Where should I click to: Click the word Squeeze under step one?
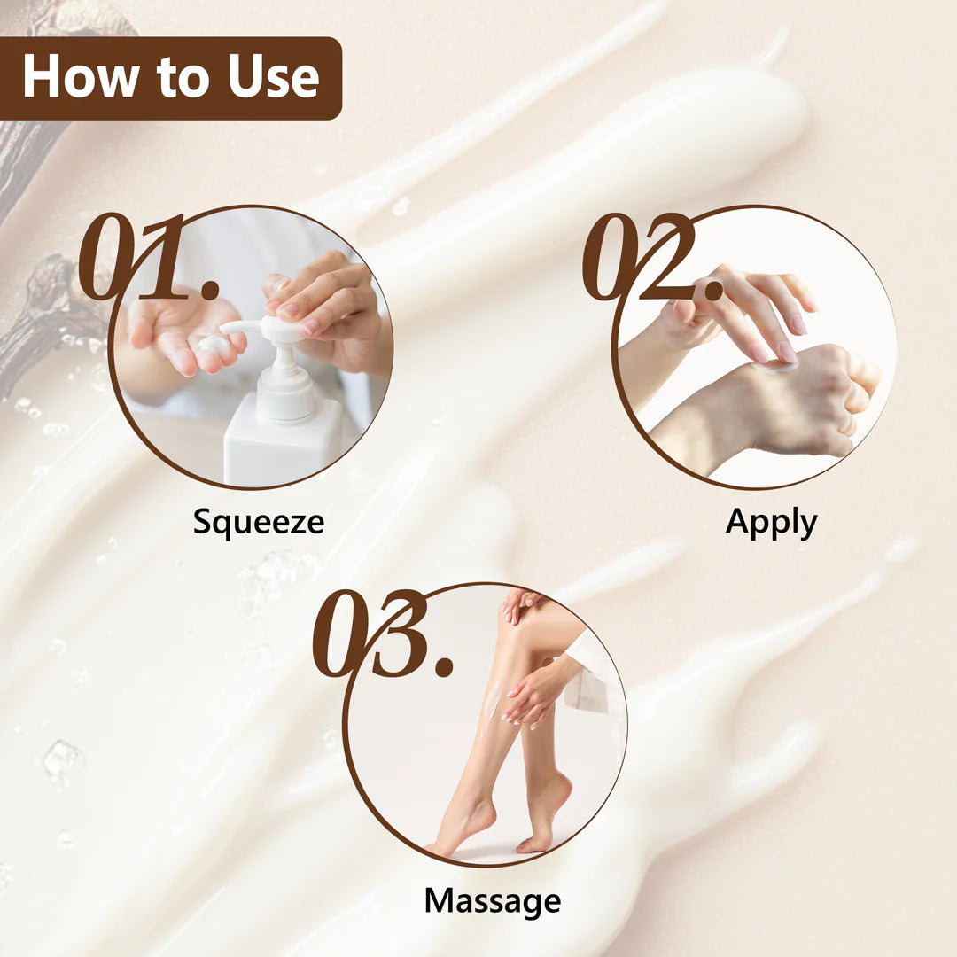coord(258,523)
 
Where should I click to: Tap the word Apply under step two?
coord(771,523)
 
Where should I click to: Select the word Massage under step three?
coord(493,901)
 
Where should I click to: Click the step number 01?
coord(148,257)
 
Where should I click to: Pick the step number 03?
coord(384,634)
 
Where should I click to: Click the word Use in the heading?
coord(274,76)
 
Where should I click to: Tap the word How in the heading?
coord(80,76)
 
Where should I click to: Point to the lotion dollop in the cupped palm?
coord(214,344)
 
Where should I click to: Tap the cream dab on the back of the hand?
coord(775,366)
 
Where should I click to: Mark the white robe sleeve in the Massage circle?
coord(589,672)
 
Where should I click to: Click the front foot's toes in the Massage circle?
coord(439,850)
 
